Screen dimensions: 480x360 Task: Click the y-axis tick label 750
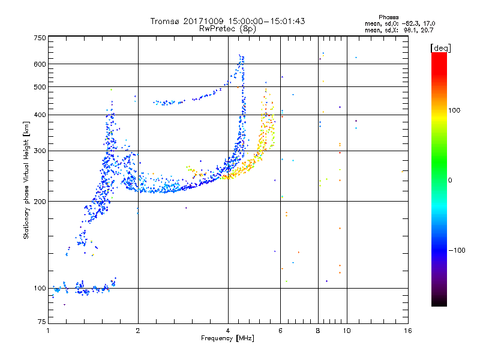40,38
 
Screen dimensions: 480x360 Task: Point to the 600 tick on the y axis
40,64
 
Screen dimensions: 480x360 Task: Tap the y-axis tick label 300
40,151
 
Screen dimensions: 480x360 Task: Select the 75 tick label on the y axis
42,322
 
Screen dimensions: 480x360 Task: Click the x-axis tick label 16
408,331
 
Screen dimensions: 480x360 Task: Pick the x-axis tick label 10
347,331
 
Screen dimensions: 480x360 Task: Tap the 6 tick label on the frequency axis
280,331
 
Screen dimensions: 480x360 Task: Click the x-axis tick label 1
49,331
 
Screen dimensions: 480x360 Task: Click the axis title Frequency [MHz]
227,338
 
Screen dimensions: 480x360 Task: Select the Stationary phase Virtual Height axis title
26,181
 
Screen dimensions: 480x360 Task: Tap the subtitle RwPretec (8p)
227,29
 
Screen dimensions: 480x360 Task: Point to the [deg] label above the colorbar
440,48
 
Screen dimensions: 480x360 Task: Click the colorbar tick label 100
454,110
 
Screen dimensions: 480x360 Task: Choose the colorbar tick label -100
457,250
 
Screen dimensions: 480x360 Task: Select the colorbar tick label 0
450,181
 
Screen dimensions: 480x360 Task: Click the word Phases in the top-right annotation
388,17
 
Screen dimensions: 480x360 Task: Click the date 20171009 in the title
203,21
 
